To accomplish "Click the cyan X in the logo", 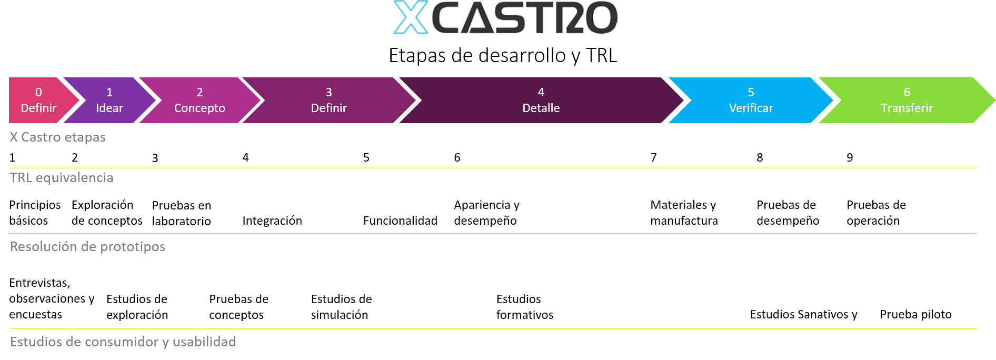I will point(411,17).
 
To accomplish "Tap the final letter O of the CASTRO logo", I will point(601,18).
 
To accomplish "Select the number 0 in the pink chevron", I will point(38,92).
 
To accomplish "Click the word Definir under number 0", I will point(38,108).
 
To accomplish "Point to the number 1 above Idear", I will point(109,92).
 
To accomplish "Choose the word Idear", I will point(109,108).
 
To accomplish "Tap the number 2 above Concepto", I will point(200,92).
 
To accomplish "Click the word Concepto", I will point(200,108).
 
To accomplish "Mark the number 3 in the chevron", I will point(329,92).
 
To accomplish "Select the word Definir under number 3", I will point(329,108).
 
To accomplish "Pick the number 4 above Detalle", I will point(541,92).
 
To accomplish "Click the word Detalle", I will point(541,108).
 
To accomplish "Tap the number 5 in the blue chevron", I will point(751,92).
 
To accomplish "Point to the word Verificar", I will point(751,108).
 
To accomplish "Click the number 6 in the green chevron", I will point(907,92).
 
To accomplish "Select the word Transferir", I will point(907,108).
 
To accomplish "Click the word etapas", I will point(85,137).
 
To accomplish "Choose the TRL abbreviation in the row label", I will point(21,178).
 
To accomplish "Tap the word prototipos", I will point(133,247).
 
